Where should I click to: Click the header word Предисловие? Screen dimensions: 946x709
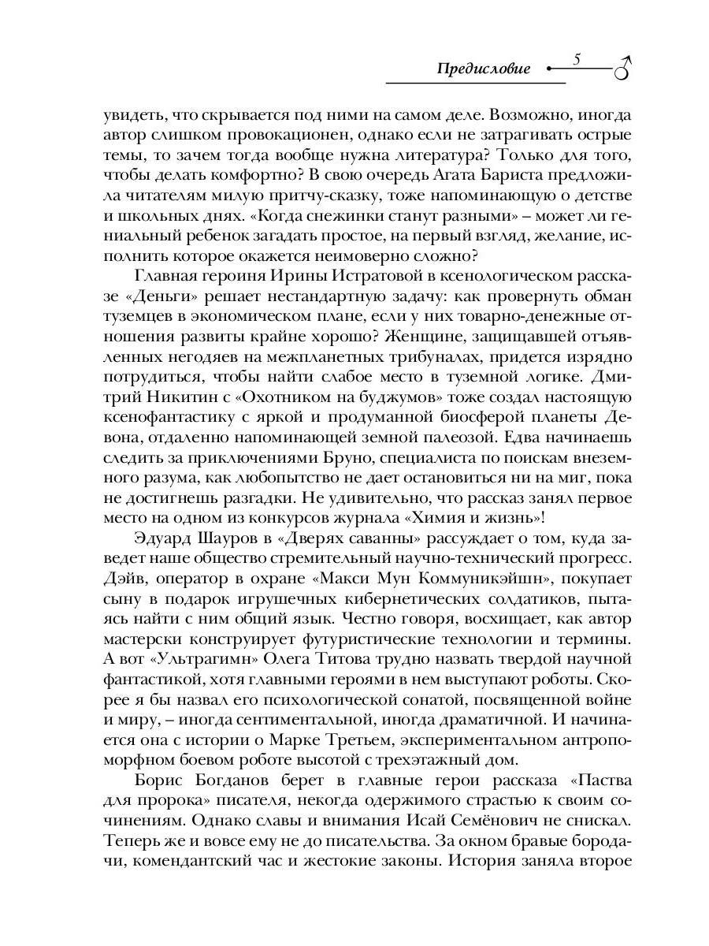click(484, 69)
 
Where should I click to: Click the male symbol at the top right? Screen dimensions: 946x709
click(624, 68)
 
